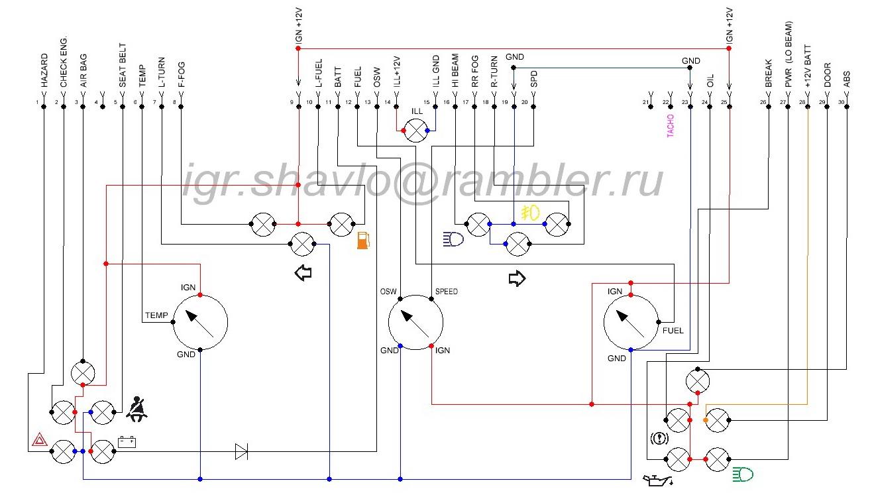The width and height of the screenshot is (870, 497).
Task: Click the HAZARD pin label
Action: (44, 70)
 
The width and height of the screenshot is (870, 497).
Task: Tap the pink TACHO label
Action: (671, 126)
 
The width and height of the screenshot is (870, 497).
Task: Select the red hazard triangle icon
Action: (40, 439)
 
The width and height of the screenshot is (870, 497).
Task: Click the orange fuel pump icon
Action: (363, 241)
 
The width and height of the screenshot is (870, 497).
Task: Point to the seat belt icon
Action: (136, 409)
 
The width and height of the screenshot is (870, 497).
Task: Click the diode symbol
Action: (242, 451)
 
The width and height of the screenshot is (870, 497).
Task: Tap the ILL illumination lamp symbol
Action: (415, 131)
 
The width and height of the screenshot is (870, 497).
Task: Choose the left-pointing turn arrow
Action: (303, 272)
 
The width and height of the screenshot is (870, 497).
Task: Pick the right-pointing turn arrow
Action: (517, 278)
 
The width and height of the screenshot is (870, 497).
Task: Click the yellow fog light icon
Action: (530, 213)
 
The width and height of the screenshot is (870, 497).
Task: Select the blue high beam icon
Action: (453, 239)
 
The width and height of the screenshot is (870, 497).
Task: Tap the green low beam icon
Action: (743, 474)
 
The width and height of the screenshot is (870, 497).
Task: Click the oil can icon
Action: (658, 480)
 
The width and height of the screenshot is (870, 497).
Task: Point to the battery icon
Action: (127, 442)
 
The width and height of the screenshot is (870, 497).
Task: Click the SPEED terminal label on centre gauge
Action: (446, 291)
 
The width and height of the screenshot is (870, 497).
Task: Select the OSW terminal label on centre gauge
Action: (388, 291)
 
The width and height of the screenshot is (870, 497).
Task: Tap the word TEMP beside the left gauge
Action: (156, 315)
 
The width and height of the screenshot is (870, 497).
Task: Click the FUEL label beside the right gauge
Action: (673, 331)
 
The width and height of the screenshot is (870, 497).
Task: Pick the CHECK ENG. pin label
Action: (64, 62)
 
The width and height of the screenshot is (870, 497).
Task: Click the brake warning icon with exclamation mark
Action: (659, 439)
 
